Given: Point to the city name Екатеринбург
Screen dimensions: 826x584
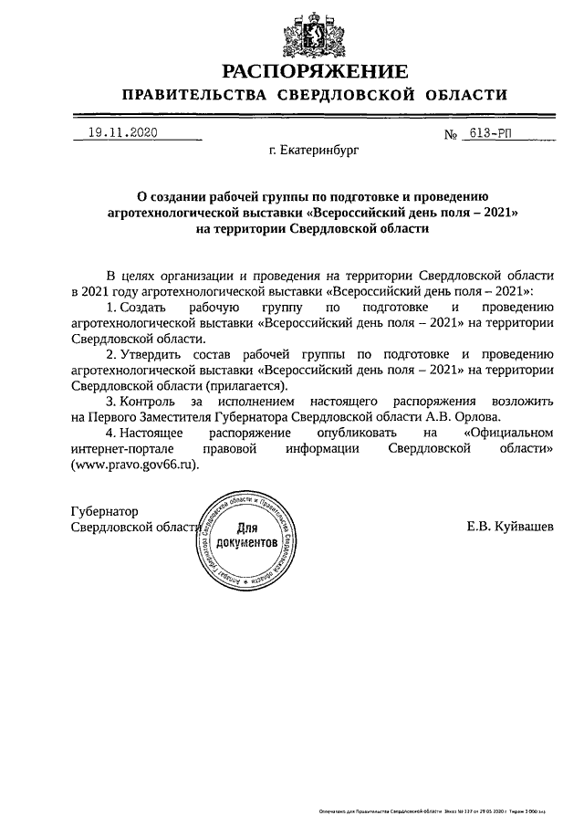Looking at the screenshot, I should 308,152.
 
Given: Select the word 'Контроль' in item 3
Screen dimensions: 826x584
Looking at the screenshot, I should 148,401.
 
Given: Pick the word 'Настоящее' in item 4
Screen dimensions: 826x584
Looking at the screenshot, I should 150,433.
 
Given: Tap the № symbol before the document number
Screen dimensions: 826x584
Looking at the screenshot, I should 450,135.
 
